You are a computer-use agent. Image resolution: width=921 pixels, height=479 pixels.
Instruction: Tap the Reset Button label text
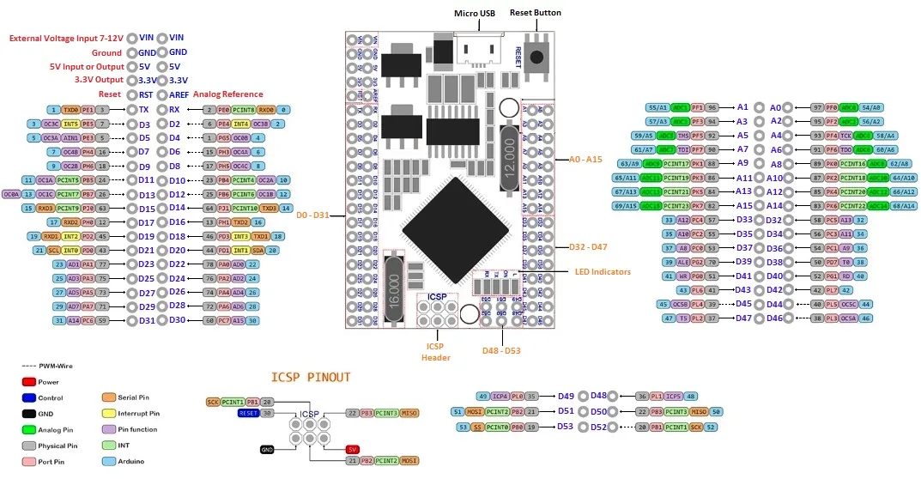[536, 13]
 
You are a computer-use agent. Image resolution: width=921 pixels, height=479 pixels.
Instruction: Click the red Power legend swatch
[30, 382]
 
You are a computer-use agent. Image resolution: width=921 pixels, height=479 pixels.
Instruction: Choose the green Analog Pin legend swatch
[30, 429]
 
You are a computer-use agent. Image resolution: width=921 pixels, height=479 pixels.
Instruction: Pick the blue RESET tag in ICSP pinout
[248, 413]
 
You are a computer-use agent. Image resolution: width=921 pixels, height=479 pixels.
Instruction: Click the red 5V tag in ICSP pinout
[352, 449]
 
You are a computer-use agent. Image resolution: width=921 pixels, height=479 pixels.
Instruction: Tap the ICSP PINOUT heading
[311, 377]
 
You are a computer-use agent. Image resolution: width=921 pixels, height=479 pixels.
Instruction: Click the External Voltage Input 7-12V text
[66, 38]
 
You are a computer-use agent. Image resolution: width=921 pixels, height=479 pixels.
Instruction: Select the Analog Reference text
[227, 94]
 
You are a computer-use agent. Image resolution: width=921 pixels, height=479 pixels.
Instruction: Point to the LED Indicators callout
[604, 272]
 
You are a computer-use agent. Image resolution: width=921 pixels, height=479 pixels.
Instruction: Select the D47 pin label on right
[742, 318]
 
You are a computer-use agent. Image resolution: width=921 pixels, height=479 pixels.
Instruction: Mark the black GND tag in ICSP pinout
[268, 449]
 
